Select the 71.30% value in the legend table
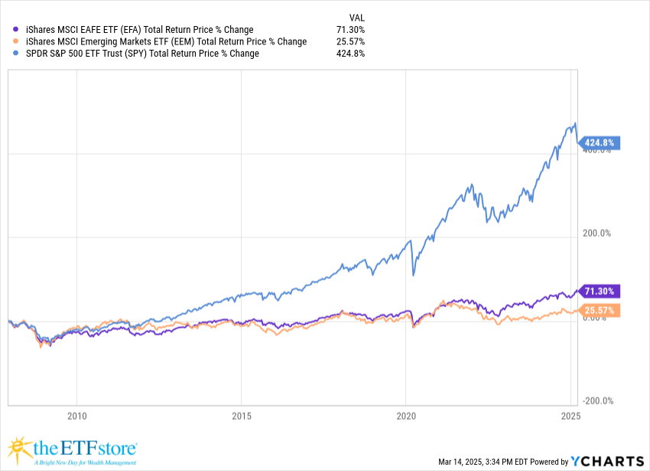(x=351, y=29)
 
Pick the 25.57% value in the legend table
(x=351, y=41)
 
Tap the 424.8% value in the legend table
(x=351, y=54)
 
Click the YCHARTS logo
(x=607, y=460)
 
